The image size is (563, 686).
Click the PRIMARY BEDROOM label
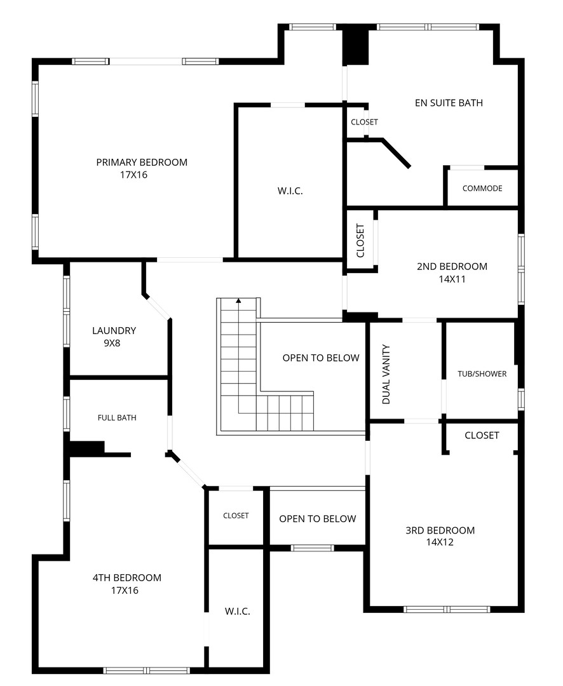142,163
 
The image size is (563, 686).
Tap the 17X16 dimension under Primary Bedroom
133,175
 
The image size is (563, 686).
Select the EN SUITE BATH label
449,103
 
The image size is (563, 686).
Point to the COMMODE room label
482,188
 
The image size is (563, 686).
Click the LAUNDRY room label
114,331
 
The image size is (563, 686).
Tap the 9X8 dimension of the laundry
112,344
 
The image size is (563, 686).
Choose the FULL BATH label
117,418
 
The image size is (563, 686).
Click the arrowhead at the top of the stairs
238,300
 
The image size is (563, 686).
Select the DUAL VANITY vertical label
386,374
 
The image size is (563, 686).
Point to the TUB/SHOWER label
482,374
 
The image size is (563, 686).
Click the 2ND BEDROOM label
452,266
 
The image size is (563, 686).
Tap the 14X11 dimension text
452,279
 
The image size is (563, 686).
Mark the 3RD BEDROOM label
440,530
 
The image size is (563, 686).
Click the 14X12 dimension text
440,542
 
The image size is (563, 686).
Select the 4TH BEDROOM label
127,577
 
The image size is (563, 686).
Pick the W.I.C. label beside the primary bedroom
290,191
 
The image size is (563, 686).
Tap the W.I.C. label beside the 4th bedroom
237,611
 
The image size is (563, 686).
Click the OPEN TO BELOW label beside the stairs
321,358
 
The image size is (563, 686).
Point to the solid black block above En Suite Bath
355,44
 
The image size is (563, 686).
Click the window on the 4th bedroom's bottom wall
147,670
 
